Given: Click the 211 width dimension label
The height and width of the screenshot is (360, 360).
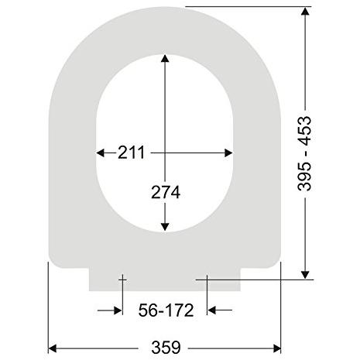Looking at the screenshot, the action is [132, 153].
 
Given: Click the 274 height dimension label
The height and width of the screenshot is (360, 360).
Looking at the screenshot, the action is [166, 192].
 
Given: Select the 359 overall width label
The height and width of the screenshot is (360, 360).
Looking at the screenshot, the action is [166, 348].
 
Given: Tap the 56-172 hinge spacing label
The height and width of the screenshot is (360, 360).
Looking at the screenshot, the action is [166, 310].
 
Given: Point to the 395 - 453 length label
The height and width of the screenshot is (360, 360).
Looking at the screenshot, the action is [304, 154].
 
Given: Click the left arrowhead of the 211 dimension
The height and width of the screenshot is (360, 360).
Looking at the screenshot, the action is [100, 153].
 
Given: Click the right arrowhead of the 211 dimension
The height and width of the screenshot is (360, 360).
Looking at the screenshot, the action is [228, 153].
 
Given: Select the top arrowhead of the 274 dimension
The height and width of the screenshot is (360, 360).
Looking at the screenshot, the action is [165, 58].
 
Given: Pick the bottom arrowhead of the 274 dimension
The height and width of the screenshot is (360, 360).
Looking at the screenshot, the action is [165, 227].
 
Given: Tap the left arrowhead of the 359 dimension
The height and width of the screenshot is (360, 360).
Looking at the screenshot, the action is [53, 348].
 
